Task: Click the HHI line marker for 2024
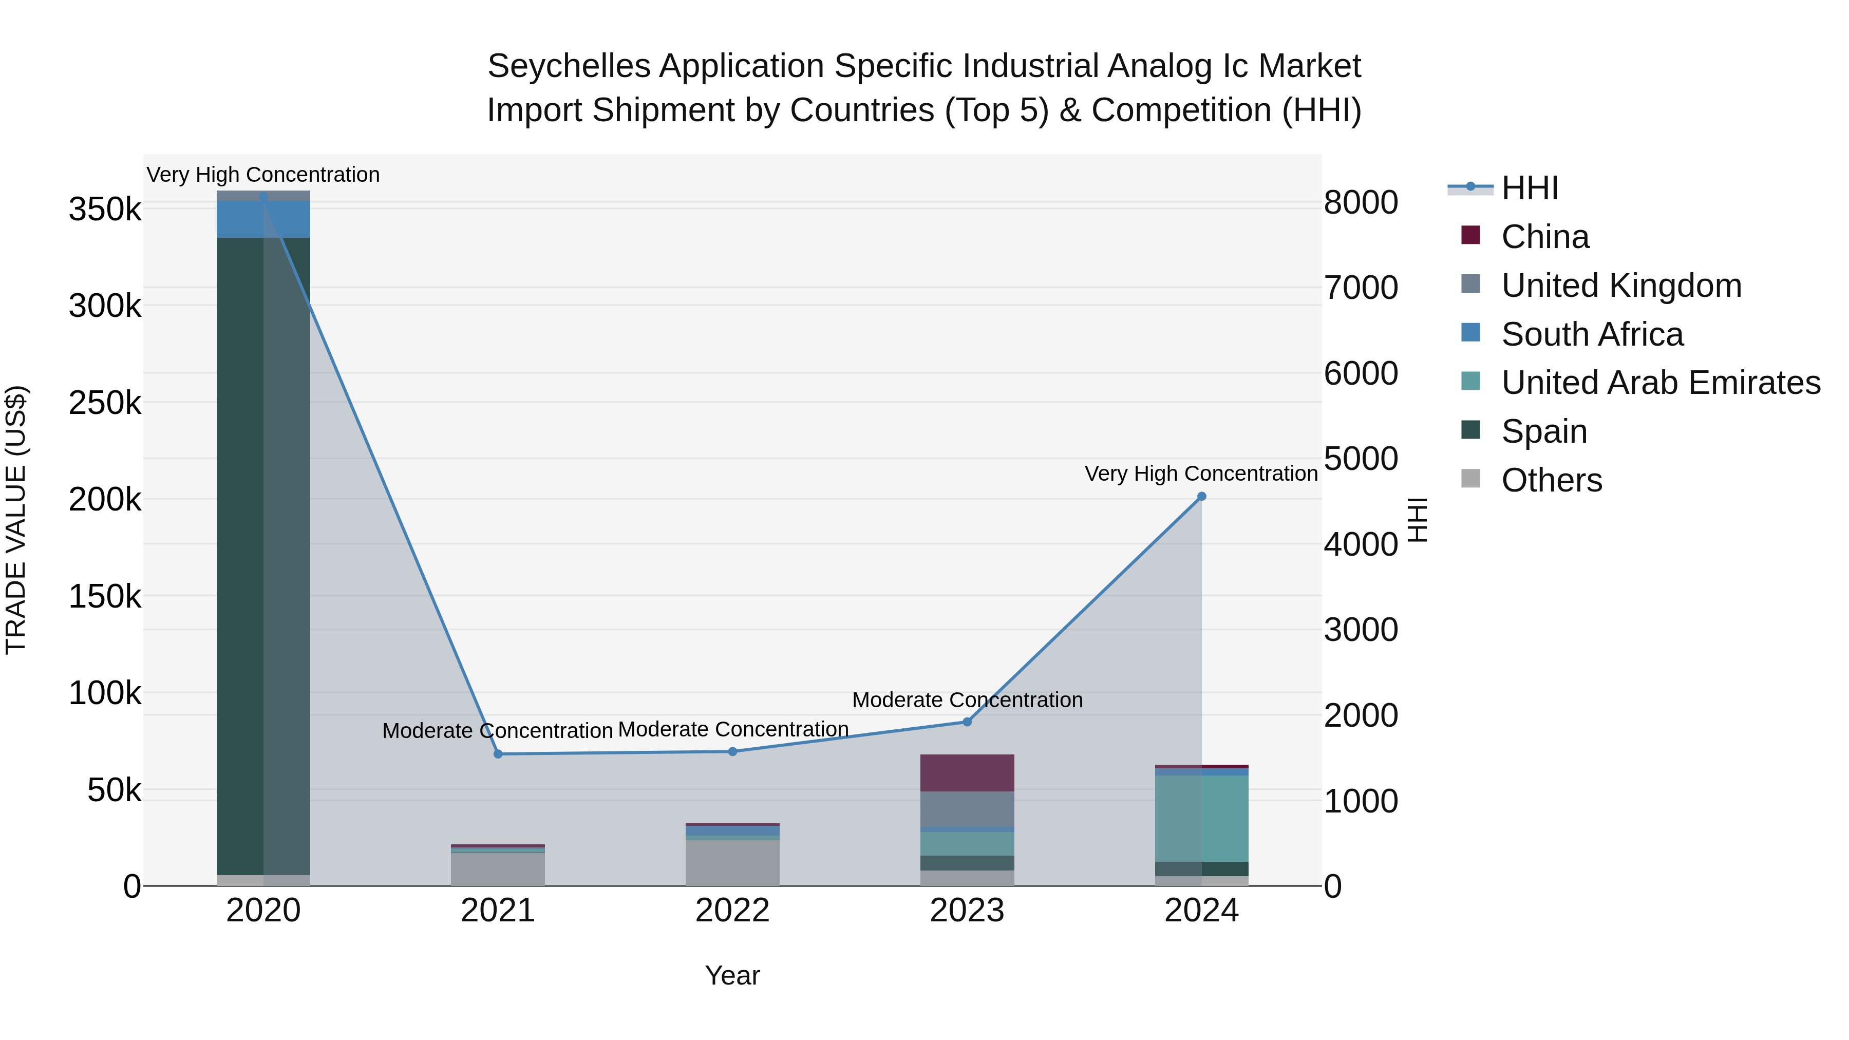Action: click(x=1201, y=497)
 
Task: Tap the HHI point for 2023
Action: click(x=967, y=722)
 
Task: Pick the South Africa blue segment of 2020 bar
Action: click(x=263, y=219)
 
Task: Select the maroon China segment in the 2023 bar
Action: click(x=967, y=773)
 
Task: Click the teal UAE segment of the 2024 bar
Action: click(x=1201, y=818)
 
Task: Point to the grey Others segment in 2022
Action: click(x=732, y=863)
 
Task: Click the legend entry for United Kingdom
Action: click(x=1621, y=286)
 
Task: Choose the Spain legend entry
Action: click(x=1543, y=431)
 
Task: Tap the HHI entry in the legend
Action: click(x=1529, y=188)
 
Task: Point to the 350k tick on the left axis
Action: click(x=105, y=210)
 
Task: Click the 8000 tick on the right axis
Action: click(x=1360, y=202)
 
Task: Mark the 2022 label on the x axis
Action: click(x=732, y=911)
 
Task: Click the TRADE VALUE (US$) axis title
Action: click(x=16, y=520)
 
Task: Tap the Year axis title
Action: click(x=732, y=975)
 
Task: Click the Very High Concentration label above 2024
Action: click(x=1201, y=474)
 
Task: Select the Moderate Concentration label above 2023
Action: click(x=967, y=700)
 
